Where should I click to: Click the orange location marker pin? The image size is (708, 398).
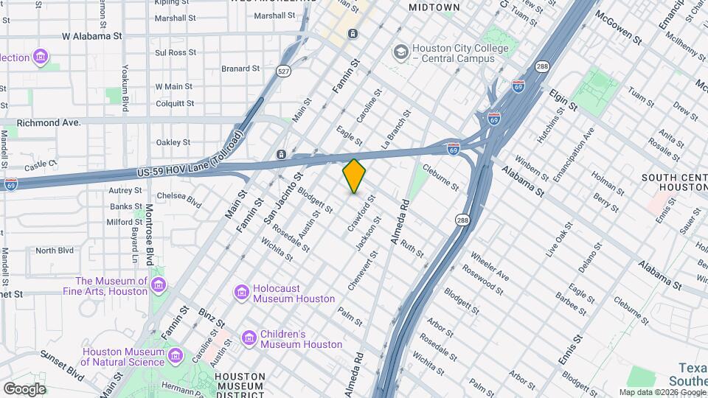pyautogui.click(x=354, y=176)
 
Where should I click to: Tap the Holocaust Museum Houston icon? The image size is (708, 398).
pyautogui.click(x=241, y=293)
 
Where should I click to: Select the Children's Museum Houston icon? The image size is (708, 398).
pyautogui.click(x=249, y=338)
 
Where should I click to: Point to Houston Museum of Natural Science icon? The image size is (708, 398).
pyautogui.click(x=176, y=356)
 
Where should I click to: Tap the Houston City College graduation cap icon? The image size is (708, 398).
pyautogui.click(x=400, y=52)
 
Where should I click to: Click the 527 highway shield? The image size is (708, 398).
pyautogui.click(x=282, y=71)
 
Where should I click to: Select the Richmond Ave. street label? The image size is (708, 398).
pyautogui.click(x=48, y=123)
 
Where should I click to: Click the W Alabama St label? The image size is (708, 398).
pyautogui.click(x=92, y=35)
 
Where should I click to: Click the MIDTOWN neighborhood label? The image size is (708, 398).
pyautogui.click(x=434, y=7)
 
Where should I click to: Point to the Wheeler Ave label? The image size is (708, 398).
pyautogui.click(x=490, y=269)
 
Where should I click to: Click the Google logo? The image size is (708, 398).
pyautogui.click(x=24, y=388)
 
